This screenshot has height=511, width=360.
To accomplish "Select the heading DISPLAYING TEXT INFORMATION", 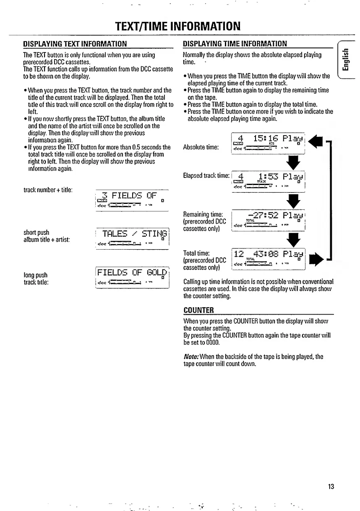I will pyautogui.click(x=75, y=44).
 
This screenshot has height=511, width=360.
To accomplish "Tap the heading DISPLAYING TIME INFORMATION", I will pyautogui.click(x=235, y=44).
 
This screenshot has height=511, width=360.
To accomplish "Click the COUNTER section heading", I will pyautogui.click(x=199, y=310).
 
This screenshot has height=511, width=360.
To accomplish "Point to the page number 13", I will pyautogui.click(x=331, y=487).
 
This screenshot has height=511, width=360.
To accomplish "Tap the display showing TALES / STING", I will pyautogui.click(x=131, y=238).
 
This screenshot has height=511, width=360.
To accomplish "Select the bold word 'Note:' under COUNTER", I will pyautogui.click(x=191, y=357).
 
